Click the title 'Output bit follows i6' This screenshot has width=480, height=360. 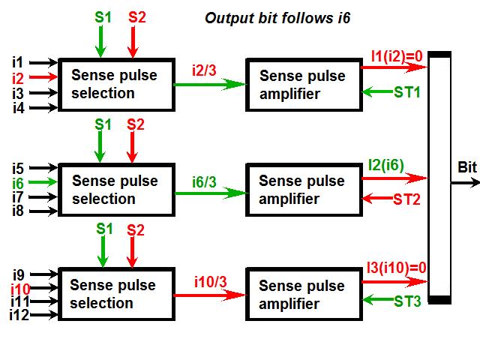pyautogui.click(x=288, y=16)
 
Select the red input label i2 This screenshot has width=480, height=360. pyautogui.click(x=18, y=77)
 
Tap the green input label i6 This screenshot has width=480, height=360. pyautogui.click(x=18, y=182)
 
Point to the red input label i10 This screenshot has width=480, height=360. pyautogui.click(x=19, y=288)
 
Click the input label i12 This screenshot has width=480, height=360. pyautogui.click(x=19, y=315)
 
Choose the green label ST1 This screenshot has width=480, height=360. pyautogui.click(x=406, y=92)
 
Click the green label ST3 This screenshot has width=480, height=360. pyautogui.click(x=406, y=301)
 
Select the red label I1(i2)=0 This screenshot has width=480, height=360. pyautogui.click(x=397, y=55)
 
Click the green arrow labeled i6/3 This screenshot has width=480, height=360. pyautogui.click(x=211, y=193)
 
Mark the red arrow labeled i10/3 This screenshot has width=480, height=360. pyautogui.click(x=211, y=295)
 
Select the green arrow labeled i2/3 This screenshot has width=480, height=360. pyautogui.click(x=211, y=85)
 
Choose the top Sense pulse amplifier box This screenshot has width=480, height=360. pyautogui.click(x=301, y=85)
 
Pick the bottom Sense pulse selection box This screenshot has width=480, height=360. pyautogui.click(x=113, y=295)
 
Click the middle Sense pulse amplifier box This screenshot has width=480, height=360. pyautogui.click(x=301, y=190)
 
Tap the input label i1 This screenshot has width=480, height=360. pyautogui.click(x=18, y=61)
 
